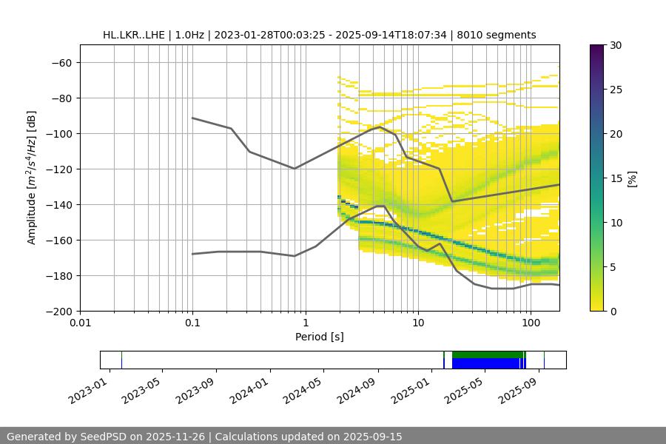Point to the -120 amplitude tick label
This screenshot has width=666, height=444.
pos(61,169)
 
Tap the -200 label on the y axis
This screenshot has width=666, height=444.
pos(61,311)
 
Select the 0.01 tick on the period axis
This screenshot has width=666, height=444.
pos(80,323)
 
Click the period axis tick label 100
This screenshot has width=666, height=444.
pos(530,323)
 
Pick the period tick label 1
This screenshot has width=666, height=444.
pos(305,323)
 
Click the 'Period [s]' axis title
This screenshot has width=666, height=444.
pos(319,337)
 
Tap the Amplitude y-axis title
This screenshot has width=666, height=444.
pos(32,178)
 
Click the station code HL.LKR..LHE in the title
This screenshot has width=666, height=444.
pos(134,35)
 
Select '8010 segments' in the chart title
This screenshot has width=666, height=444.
pos(497,35)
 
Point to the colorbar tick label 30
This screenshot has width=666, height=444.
pos(615,45)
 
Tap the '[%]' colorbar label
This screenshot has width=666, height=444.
pos(633,178)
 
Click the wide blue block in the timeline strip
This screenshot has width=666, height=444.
pos(485,363)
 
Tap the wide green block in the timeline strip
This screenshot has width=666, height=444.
pos(485,354)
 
